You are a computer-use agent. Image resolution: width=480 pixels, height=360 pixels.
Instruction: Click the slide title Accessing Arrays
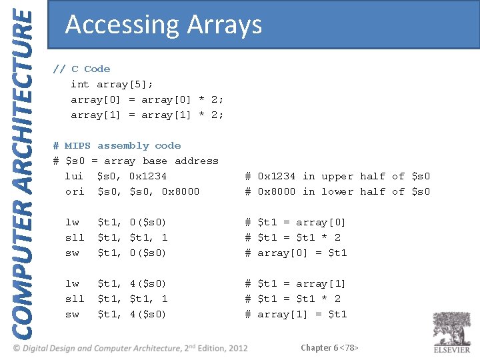(163, 25)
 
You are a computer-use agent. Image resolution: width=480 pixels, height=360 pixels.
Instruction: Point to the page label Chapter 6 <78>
(330, 347)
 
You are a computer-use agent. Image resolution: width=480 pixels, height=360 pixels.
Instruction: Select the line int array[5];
(112, 84)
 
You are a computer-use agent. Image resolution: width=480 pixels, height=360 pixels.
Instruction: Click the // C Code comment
(81, 69)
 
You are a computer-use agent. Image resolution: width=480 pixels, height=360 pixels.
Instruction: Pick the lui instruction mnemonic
(74, 176)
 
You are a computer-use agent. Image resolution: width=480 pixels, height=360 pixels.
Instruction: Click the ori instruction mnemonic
(74, 191)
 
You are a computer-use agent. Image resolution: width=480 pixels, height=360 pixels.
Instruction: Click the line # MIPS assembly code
(117, 145)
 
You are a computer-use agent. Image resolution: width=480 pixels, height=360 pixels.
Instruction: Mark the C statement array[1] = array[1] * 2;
(147, 115)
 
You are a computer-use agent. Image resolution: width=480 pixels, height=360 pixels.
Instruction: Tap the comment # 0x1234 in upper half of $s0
(337, 176)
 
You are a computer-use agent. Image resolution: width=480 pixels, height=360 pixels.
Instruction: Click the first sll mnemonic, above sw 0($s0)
(74, 237)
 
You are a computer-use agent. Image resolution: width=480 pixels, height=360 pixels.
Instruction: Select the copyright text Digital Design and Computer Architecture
(127, 348)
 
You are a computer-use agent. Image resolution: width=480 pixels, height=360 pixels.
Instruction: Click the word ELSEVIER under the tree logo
(451, 349)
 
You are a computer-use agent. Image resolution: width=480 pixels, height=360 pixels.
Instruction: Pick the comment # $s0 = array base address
(135, 161)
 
